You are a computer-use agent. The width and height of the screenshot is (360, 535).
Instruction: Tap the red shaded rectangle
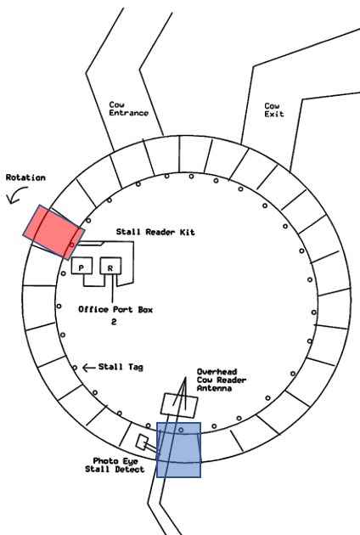click(53, 233)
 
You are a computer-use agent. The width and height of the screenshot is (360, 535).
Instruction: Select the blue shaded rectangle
click(178, 450)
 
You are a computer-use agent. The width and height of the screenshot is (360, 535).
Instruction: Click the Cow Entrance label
click(129, 109)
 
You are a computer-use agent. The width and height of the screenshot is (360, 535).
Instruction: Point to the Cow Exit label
click(274, 110)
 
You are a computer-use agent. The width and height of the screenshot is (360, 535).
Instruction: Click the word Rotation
click(25, 177)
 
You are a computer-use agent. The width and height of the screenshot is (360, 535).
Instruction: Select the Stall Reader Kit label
click(155, 232)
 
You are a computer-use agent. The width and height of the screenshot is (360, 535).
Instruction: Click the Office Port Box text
click(115, 309)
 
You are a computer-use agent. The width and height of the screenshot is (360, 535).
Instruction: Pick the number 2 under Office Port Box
click(114, 321)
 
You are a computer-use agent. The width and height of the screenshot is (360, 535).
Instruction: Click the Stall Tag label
click(121, 367)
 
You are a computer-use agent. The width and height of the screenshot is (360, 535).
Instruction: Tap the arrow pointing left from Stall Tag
click(88, 368)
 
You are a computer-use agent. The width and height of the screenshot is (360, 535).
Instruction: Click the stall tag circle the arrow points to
click(75, 368)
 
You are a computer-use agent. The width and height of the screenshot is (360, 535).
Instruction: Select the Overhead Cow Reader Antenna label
click(222, 380)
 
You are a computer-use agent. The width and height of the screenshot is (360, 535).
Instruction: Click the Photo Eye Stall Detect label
click(115, 465)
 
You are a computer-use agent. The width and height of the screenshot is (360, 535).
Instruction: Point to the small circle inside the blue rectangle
click(181, 430)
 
